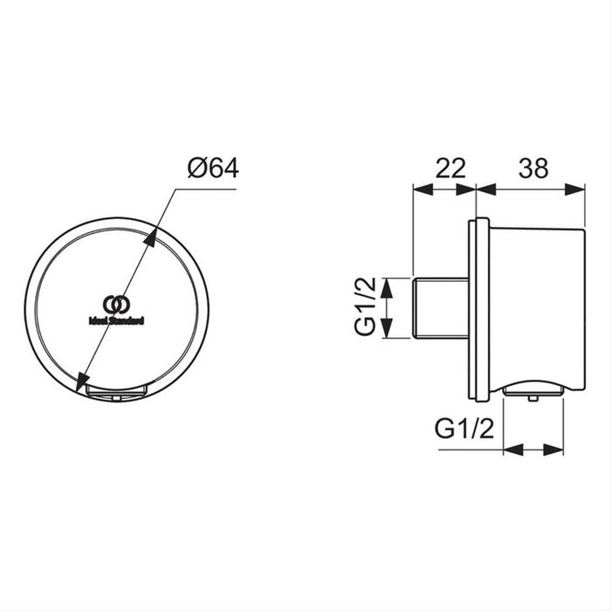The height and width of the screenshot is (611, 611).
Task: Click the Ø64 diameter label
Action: pos(212,168)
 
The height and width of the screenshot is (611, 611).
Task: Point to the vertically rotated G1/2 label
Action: pos(366,308)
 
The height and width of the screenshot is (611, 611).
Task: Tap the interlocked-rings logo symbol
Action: pos(116,305)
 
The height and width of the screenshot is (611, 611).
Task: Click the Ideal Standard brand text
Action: pos(116,320)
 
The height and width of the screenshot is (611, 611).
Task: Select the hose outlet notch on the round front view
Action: pos(116,391)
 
